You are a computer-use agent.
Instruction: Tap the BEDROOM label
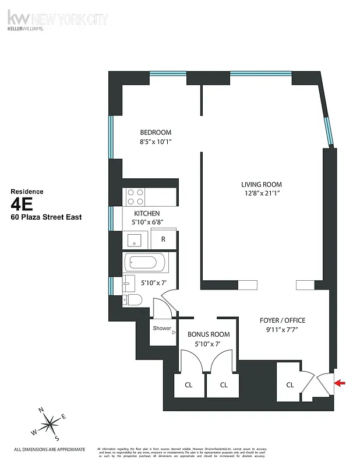tap(156, 132)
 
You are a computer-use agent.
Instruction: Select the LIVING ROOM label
tap(261, 185)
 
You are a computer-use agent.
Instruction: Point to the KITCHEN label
tap(147, 213)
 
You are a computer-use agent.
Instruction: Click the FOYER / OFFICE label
tap(282, 320)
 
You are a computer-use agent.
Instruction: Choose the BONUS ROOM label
tap(208, 334)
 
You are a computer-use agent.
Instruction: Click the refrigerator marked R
tap(164, 239)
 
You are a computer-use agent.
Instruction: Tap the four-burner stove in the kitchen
tap(136, 196)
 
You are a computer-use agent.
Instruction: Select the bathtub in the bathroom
tap(140, 263)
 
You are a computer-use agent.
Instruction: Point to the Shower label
tap(162, 329)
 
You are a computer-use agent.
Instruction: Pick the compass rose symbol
tap(51, 421)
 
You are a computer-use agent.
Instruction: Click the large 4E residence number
tap(24, 203)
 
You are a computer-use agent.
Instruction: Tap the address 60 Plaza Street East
tap(47, 217)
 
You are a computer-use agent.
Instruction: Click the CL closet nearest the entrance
tap(290, 384)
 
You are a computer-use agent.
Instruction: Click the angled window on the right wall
tap(329, 131)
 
